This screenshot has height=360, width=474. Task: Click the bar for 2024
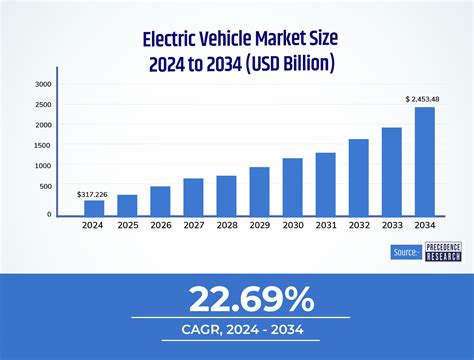[94, 207]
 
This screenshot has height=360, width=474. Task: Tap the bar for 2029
[259, 190]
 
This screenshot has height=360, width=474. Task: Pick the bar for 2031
[325, 183]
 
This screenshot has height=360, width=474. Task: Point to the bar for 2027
[193, 196]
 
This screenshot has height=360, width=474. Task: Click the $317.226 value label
[93, 193]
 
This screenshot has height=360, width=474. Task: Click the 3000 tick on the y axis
[42, 85]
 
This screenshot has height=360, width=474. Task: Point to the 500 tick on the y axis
[45, 186]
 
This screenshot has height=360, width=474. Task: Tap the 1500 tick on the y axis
[42, 146]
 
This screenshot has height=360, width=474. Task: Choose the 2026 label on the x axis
[160, 226]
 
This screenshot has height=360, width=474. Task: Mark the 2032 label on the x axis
[358, 226]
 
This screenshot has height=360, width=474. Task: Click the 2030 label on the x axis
[292, 226]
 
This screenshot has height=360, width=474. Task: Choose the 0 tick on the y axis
[48, 214]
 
